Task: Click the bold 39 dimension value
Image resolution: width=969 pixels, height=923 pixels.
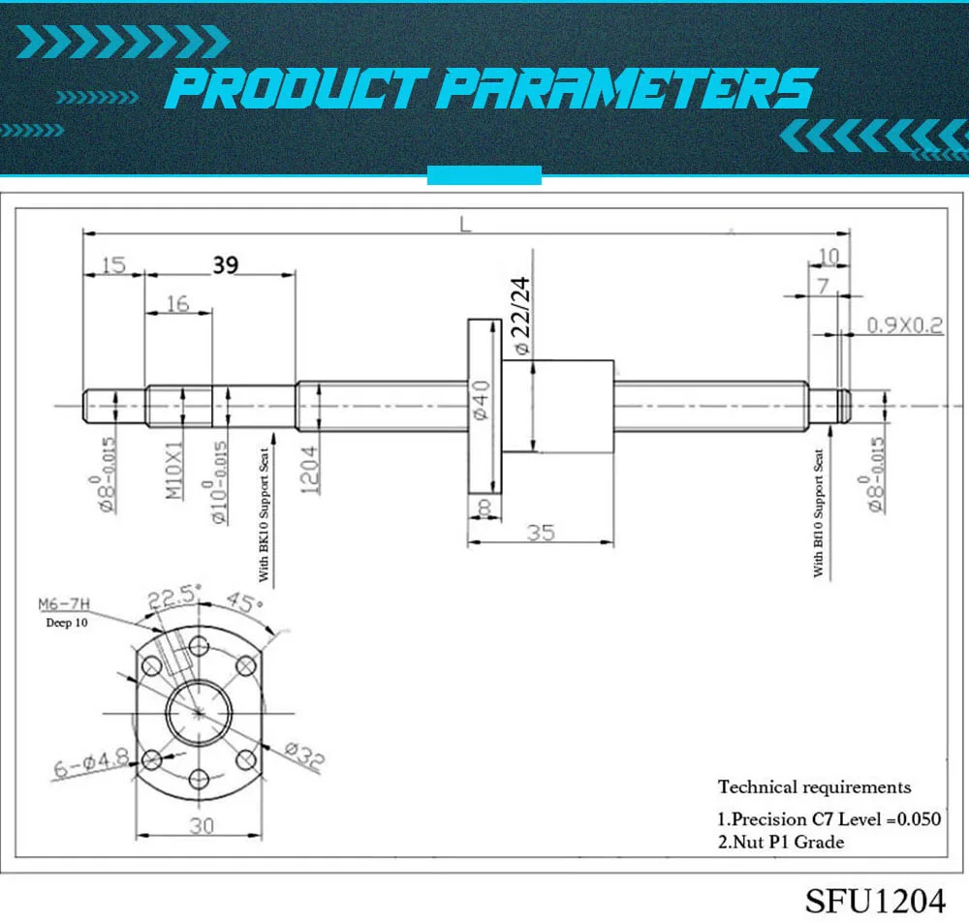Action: click(226, 265)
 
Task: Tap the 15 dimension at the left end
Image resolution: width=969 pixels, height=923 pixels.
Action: click(113, 265)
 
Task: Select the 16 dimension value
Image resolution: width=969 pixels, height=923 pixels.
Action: click(177, 303)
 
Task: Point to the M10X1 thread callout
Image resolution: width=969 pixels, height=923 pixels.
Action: click(174, 470)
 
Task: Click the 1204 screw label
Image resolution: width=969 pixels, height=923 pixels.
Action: click(310, 470)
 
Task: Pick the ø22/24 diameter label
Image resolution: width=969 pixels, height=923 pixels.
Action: click(521, 316)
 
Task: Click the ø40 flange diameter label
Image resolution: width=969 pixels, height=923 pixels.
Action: click(482, 400)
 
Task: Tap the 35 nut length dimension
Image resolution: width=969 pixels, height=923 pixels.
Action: click(541, 533)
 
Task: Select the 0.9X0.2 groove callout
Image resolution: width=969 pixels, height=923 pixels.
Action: click(905, 325)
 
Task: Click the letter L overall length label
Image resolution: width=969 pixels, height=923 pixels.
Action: click(465, 224)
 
